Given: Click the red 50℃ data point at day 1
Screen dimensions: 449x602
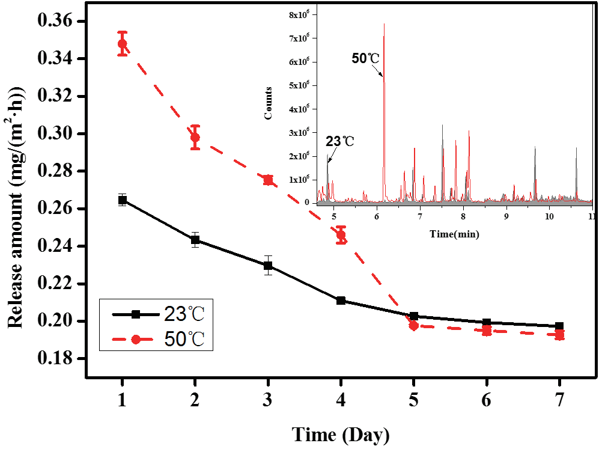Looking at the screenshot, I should coord(123,44).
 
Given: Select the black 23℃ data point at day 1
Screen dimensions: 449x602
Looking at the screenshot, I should coord(123,200).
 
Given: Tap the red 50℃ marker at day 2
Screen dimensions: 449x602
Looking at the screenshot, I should coord(195,138).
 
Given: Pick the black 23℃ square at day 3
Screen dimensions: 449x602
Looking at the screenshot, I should coord(268,265).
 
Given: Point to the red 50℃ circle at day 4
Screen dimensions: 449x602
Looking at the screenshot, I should coord(341,235).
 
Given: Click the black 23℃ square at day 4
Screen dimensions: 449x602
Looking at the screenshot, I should coord(341,301).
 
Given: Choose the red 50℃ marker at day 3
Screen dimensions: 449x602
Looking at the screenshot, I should coord(268,180).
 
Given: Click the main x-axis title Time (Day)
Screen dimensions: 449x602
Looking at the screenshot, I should coord(341,433).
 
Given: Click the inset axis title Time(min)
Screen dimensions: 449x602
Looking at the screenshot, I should coord(454,234).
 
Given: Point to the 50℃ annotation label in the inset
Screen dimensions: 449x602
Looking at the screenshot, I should coord(365,58).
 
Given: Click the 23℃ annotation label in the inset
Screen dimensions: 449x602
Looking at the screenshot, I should coord(340,142).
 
